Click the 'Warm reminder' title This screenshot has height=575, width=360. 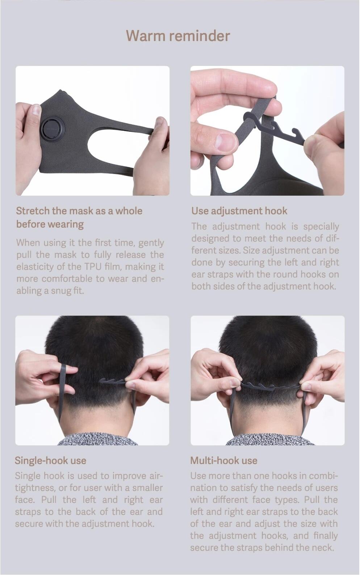[x=178, y=36]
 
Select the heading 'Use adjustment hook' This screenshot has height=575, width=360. [x=239, y=211]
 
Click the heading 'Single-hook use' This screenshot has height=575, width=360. [x=50, y=461]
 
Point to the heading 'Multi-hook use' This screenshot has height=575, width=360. [x=223, y=461]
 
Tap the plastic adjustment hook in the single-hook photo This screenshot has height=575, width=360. [x=113, y=382]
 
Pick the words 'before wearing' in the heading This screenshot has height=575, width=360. [x=50, y=224]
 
